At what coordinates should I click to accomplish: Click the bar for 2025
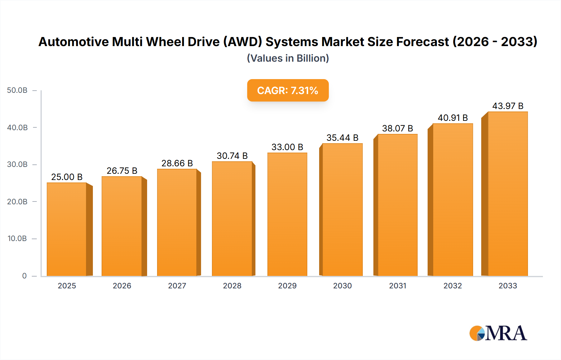coord(67,229)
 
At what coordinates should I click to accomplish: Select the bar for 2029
coord(287,214)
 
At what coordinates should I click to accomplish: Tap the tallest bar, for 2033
coord(508,194)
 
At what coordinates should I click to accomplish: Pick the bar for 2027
coord(177,222)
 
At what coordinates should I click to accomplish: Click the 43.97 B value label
coord(508,106)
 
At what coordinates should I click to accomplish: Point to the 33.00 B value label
coord(287,147)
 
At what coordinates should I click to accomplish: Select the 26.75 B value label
coord(122,171)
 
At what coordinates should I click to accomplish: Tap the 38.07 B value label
coord(397,128)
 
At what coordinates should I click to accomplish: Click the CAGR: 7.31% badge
coord(288,90)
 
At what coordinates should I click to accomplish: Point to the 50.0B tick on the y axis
coord(17,90)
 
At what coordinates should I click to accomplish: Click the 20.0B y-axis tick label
coord(17,202)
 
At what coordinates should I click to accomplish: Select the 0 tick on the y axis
coord(24,276)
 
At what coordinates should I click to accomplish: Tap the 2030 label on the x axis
coord(342,286)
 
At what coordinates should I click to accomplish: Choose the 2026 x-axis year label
coord(122,286)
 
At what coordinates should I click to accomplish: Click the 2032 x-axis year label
coord(453,286)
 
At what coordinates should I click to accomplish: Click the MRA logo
coord(498,333)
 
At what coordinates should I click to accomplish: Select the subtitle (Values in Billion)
coord(288,58)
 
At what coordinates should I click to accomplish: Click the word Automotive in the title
coord(74,42)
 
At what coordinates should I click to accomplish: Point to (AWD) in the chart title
coord(242,42)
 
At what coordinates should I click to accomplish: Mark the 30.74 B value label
coord(232,156)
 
